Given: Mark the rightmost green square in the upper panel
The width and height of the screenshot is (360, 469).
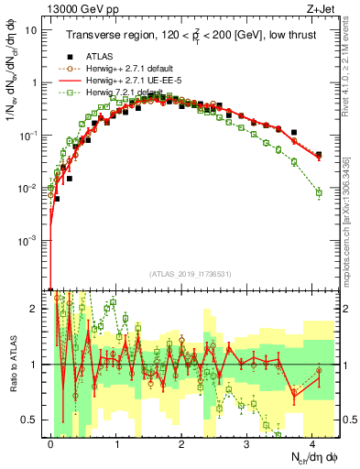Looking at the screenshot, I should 318,192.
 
